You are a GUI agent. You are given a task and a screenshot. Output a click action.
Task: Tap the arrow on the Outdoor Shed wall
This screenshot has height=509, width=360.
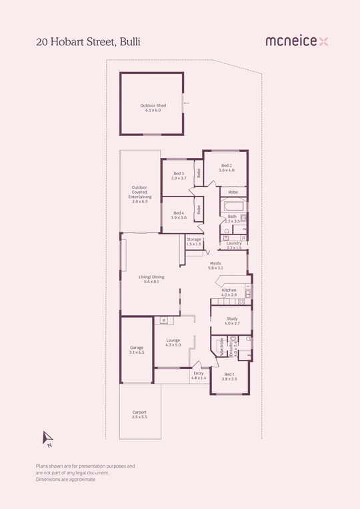[x=187, y=103]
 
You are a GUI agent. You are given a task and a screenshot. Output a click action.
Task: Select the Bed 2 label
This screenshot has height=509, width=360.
[x=227, y=168]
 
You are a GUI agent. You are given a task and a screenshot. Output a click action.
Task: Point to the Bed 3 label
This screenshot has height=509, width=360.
[x=177, y=176]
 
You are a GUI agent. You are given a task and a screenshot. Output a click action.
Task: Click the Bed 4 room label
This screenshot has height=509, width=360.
[x=177, y=215]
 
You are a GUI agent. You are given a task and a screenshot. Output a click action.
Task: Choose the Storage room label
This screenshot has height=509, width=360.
[x=193, y=241]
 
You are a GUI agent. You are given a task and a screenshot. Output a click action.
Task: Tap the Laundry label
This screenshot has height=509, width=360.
[x=233, y=245]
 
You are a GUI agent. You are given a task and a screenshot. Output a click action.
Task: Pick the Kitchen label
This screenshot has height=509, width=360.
[x=229, y=293]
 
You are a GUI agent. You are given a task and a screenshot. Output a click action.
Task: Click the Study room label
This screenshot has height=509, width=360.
[x=231, y=321]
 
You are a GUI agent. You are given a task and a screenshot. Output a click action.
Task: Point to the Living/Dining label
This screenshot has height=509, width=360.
[x=151, y=279]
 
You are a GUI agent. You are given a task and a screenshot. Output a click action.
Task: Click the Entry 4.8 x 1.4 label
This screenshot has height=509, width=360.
[x=199, y=376]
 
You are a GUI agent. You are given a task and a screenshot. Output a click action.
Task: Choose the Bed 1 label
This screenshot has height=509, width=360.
[x=229, y=376]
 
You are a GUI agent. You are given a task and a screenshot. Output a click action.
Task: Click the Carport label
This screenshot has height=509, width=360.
[x=139, y=414]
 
